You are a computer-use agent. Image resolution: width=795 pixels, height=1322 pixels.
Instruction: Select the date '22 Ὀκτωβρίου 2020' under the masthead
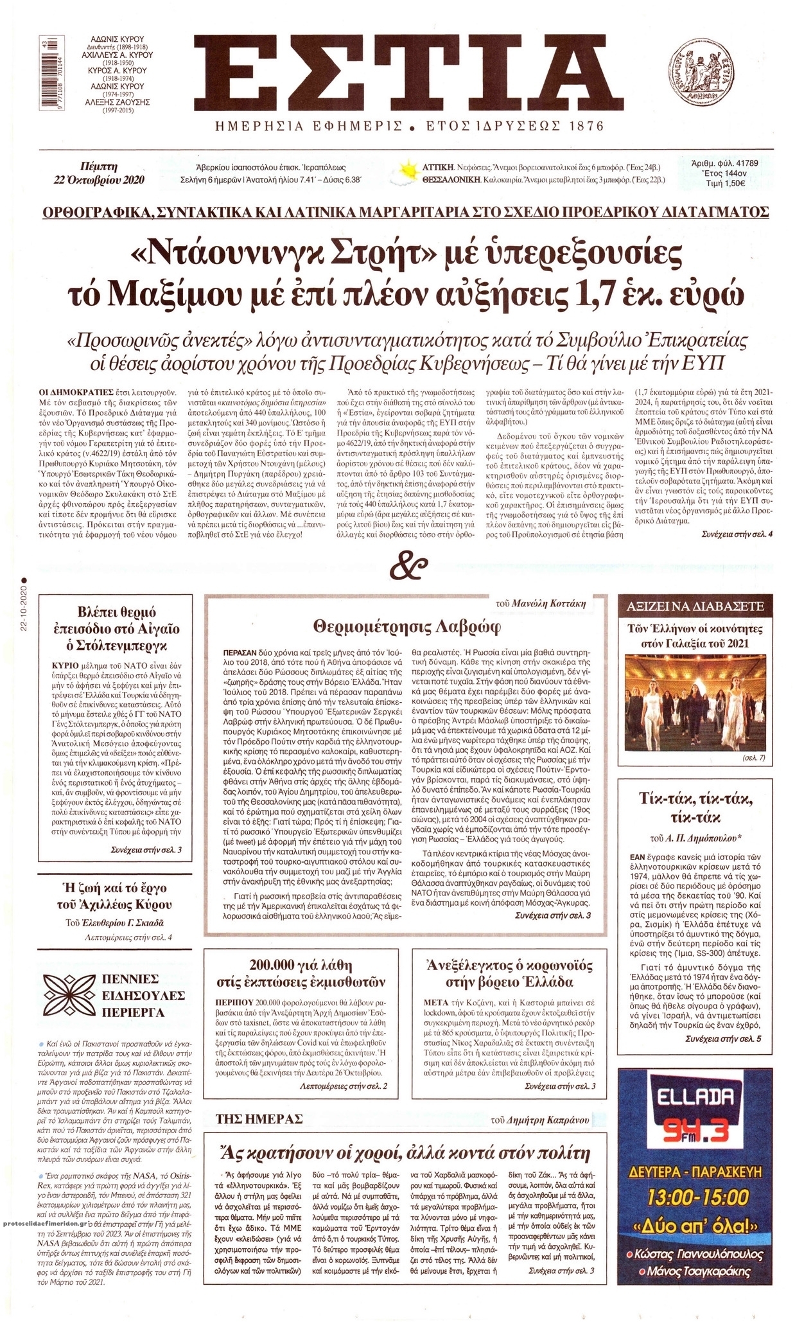click(100, 179)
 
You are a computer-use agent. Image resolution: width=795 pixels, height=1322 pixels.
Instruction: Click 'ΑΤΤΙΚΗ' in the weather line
click(438, 164)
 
